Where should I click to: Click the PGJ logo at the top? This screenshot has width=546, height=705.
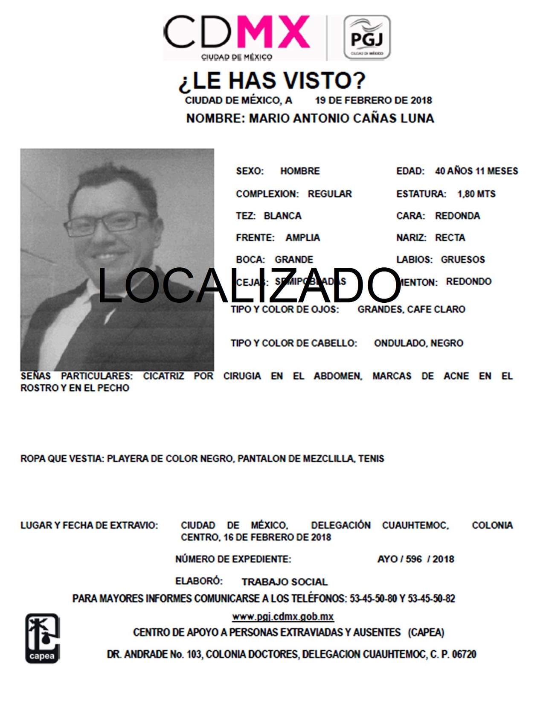coord(367,38)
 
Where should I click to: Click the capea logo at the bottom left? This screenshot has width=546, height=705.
coord(42,638)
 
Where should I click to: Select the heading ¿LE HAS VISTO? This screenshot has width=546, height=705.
coord(272,81)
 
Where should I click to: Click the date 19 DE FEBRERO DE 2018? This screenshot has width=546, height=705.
coord(373,101)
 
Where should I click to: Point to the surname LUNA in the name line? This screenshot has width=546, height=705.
coord(417,118)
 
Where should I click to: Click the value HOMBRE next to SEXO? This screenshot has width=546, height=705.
coord(300,171)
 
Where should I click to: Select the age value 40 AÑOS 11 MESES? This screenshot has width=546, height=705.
coord(476,171)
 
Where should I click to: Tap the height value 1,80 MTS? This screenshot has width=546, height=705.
coord(476,194)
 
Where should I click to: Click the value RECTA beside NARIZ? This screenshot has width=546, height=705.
coord(450,238)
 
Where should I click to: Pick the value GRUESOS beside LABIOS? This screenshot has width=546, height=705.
coord(463,260)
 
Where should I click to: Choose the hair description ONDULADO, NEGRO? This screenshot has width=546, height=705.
coord(418,343)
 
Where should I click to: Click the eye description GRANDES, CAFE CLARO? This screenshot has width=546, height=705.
coord(411,310)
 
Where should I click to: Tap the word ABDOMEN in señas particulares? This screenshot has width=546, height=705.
coord(338,376)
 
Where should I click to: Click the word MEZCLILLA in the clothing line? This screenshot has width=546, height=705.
coord(328,459)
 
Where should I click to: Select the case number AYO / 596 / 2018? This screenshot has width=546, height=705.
coord(415,559)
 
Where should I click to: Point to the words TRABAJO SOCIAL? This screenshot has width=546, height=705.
coord(285,582)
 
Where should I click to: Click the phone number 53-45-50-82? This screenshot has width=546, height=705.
coord(431,599)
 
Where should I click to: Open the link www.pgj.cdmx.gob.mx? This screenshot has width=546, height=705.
coord(283,617)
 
